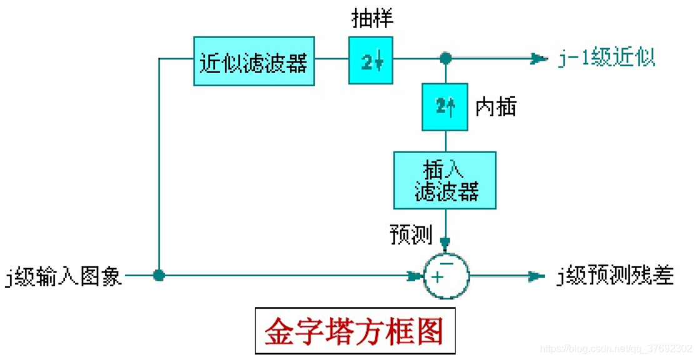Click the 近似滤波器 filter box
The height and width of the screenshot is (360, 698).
click(254, 61)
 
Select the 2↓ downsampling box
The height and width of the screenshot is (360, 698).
click(371, 61)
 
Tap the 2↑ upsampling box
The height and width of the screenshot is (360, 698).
click(445, 107)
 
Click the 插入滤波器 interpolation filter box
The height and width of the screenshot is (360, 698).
click(445, 180)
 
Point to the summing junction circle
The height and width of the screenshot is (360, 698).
click(446, 276)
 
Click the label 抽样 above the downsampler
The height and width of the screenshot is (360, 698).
click(372, 19)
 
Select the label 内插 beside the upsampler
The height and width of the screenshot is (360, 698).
click(496, 107)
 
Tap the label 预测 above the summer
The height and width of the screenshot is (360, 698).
click(411, 235)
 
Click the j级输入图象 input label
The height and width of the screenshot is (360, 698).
click(62, 276)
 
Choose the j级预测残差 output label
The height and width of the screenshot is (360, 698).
click(615, 276)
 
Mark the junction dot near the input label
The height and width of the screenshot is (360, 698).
click(159, 276)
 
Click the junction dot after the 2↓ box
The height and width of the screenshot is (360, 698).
click(446, 59)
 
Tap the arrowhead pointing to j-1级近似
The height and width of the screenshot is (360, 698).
click(539, 59)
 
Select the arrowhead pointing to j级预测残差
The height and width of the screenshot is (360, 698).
click(537, 276)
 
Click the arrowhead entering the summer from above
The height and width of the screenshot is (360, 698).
click(446, 243)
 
